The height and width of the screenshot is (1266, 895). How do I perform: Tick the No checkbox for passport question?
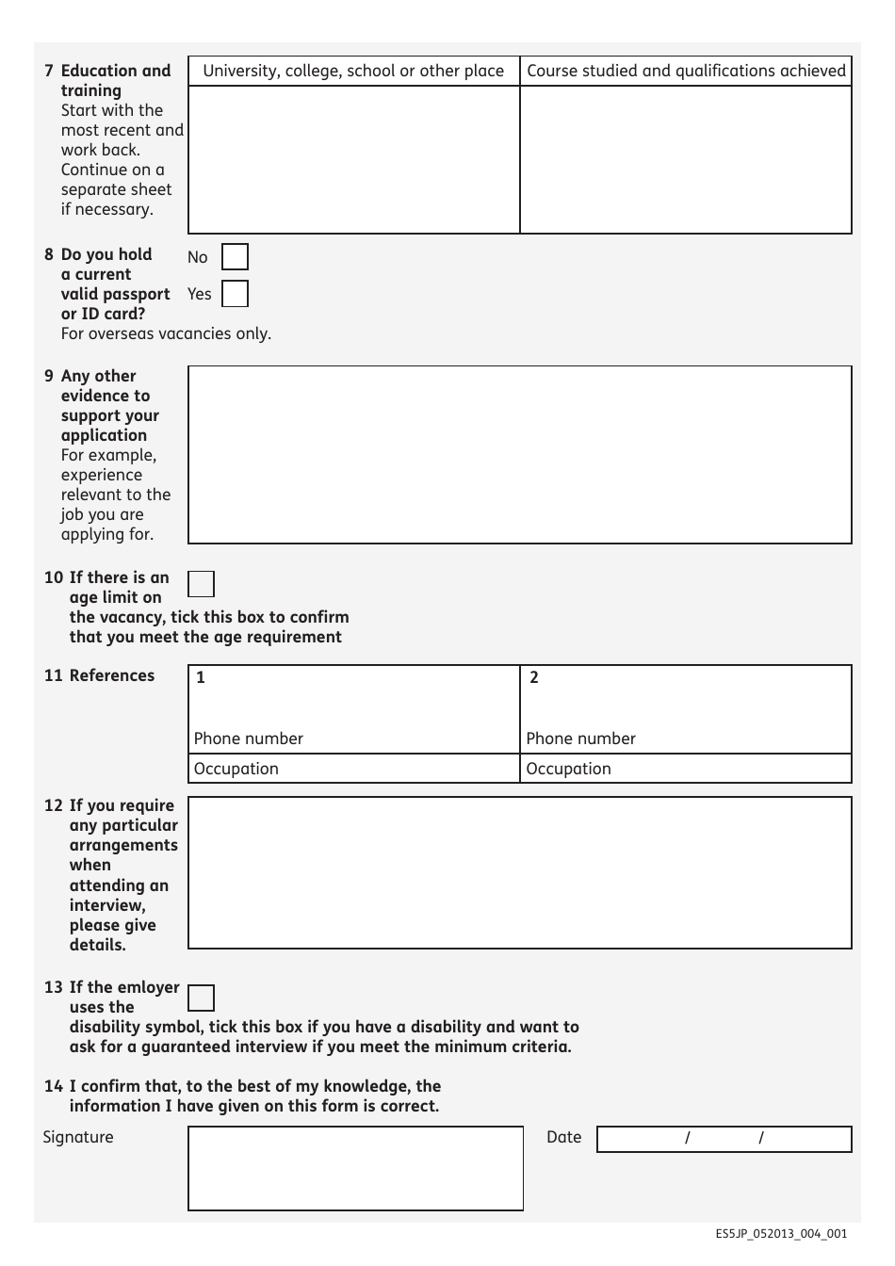click(235, 257)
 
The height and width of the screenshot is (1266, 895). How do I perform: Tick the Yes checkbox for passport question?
click(235, 294)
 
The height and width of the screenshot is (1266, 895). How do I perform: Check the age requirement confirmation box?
click(201, 584)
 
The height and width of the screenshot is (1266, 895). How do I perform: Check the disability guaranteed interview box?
click(201, 998)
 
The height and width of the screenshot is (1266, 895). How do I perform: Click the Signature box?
click(355, 1168)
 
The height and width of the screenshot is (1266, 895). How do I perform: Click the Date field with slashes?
click(724, 1139)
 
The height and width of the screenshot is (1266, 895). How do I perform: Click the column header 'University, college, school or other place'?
click(353, 71)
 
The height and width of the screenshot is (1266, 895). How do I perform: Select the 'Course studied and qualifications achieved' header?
click(686, 71)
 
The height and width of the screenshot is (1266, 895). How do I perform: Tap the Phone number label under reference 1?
click(249, 738)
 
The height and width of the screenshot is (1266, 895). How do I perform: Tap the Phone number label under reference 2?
click(580, 738)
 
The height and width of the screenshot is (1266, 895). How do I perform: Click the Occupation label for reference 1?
click(236, 769)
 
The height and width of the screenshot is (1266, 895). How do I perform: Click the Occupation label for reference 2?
click(568, 769)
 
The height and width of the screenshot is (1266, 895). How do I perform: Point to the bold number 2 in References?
click(534, 677)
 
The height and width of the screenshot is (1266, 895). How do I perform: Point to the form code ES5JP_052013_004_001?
click(780, 1234)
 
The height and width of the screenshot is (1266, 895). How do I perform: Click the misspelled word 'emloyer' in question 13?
click(148, 987)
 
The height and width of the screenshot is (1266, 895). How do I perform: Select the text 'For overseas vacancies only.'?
click(166, 333)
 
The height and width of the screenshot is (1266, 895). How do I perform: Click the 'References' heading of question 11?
click(111, 675)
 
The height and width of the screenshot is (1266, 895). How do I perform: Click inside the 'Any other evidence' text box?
click(519, 454)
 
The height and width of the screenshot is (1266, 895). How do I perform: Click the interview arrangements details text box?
click(519, 872)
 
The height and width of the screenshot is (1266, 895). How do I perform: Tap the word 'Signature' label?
click(78, 1137)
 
